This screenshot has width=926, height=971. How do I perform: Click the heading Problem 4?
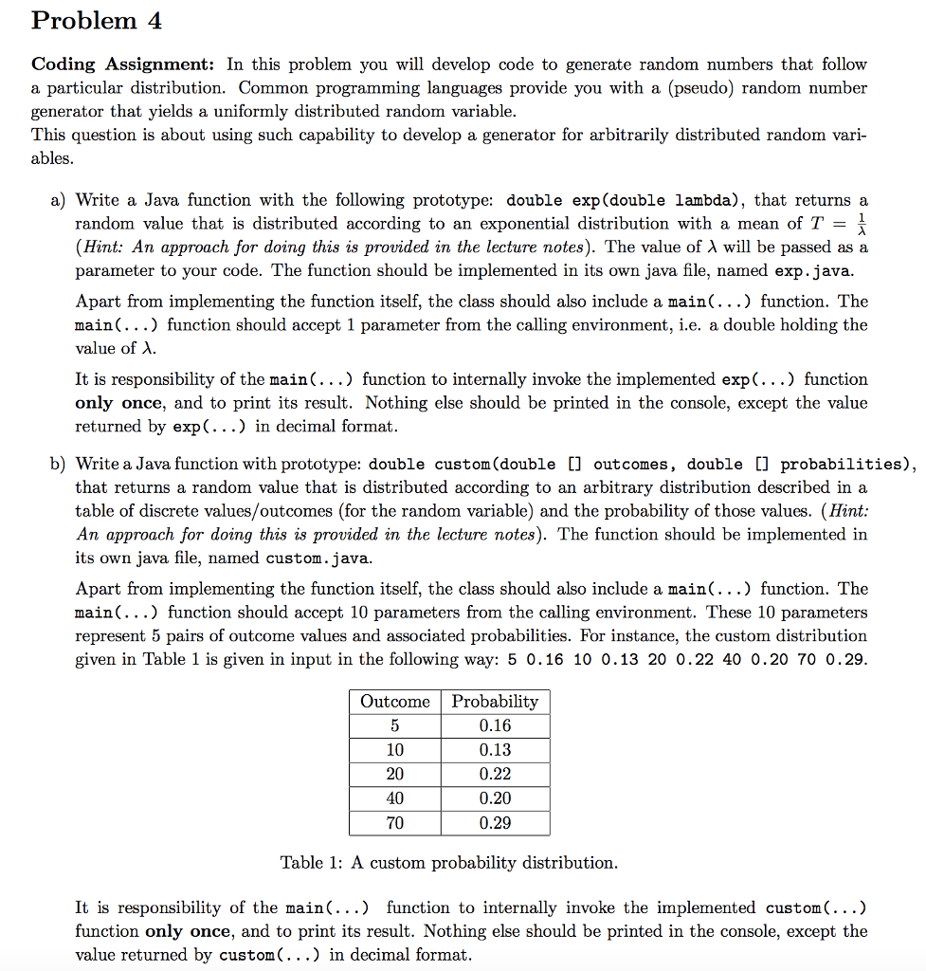coord(84,21)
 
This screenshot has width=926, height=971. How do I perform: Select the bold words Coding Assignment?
coord(122,64)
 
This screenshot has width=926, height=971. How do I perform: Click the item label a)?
coord(58,200)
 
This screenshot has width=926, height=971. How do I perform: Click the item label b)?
coord(58,464)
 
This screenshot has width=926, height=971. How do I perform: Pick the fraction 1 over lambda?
coord(861,224)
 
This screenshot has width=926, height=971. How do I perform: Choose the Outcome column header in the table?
coord(394,702)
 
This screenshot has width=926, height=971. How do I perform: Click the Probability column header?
coord(495,702)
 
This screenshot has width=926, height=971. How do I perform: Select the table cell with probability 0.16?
coord(495,725)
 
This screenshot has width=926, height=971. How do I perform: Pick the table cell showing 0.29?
coord(495,823)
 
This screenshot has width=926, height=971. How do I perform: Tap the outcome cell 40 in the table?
coord(394,798)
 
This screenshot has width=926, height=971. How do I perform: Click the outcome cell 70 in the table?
coord(394,823)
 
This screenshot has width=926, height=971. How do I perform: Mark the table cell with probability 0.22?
coord(495,774)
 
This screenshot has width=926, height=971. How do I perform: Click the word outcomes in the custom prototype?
coord(634,465)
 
